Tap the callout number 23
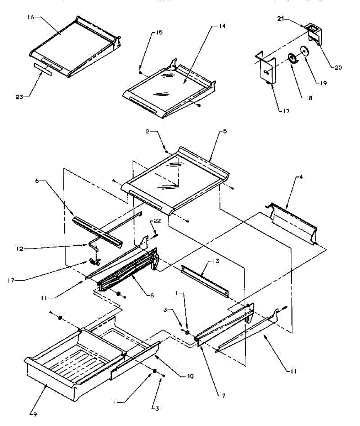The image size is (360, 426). (20, 96)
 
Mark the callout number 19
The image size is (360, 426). (323, 84)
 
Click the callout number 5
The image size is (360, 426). (225, 132)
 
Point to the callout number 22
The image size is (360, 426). (157, 221)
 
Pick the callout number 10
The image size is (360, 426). (190, 376)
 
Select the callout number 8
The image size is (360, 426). (152, 295)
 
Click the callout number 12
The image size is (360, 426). (20, 249)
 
